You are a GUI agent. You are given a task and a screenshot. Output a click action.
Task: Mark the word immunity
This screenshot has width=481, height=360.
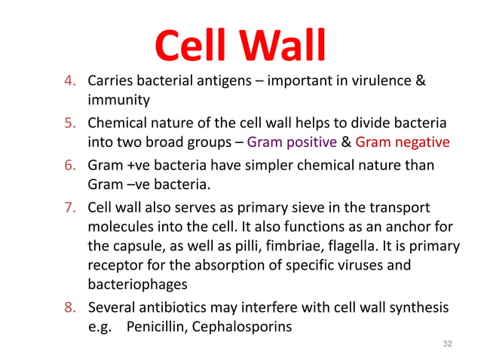coord(119,99)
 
